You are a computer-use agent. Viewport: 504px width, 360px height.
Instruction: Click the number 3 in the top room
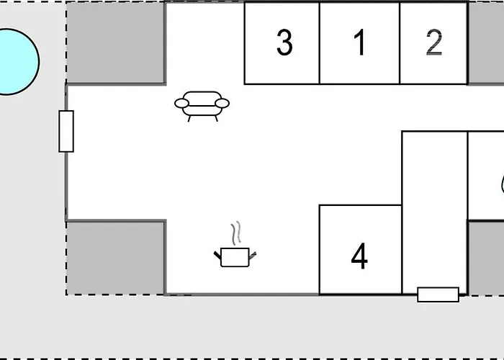pyautogui.click(x=284, y=43)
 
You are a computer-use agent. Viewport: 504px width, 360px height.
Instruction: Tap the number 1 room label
pyautogui.click(x=359, y=43)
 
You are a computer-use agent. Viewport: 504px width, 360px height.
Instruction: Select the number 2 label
pyautogui.click(x=433, y=43)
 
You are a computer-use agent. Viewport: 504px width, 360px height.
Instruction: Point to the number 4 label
pyautogui.click(x=359, y=256)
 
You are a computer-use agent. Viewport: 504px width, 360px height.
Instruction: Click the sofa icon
pyautogui.click(x=202, y=104)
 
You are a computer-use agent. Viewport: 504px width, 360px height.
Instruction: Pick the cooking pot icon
pyautogui.click(x=235, y=256)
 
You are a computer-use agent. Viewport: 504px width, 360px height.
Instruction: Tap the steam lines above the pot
pyautogui.click(x=235, y=233)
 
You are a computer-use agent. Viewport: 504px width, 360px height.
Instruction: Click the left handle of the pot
pyautogui.click(x=217, y=253)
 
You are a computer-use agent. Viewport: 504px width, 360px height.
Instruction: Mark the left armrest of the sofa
pyautogui.click(x=181, y=104)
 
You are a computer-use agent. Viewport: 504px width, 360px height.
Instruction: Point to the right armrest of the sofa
pyautogui.click(x=222, y=104)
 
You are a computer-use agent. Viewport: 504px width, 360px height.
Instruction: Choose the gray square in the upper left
pyautogui.click(x=115, y=42)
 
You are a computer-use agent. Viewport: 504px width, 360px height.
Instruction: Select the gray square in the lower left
pyautogui.click(x=115, y=257)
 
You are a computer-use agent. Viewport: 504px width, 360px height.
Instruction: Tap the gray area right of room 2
pyautogui.click(x=486, y=43)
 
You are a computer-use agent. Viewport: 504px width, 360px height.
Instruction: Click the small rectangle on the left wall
pyautogui.click(x=66, y=131)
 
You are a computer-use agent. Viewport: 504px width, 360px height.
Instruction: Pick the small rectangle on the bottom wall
pyautogui.click(x=438, y=294)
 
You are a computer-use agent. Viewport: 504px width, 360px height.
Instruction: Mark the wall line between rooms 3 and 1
pyautogui.click(x=320, y=43)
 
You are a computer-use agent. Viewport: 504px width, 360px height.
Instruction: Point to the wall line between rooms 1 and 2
pyautogui.click(x=400, y=43)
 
